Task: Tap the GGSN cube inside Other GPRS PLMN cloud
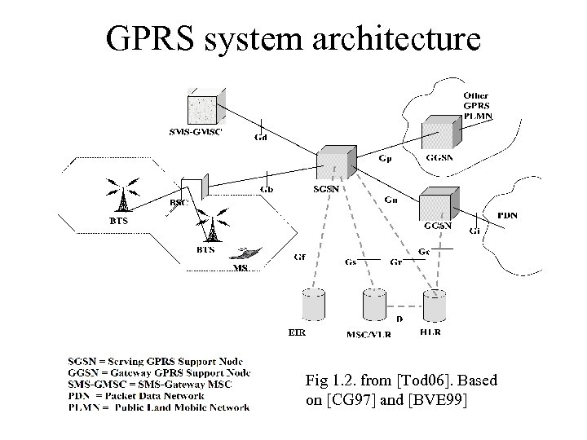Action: coord(441,132)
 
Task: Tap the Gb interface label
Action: coord(267,190)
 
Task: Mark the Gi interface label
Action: coord(474,231)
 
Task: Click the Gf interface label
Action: coord(300,257)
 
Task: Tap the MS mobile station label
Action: coord(241,268)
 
